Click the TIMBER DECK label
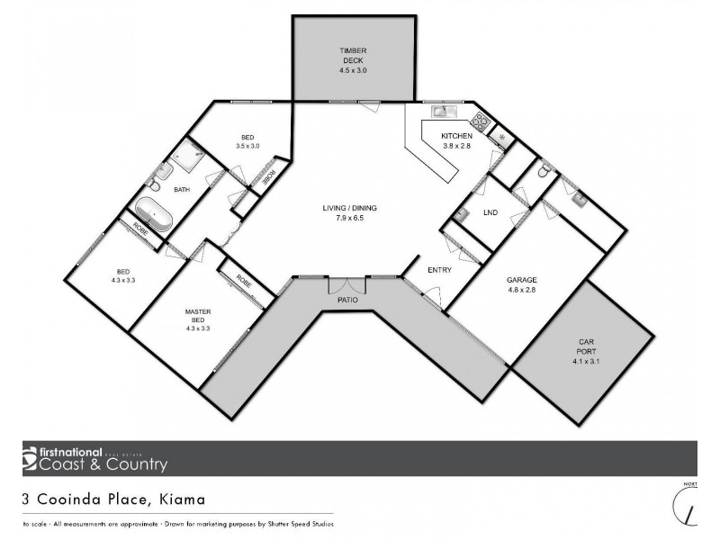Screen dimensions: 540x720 click(352, 50)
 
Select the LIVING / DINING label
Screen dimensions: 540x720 click(349, 208)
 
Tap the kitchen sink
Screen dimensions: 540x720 click(442, 112)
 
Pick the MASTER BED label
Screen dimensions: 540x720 click(197, 316)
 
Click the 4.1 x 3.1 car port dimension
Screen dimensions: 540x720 click(585, 362)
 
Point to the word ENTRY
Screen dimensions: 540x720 click(440, 269)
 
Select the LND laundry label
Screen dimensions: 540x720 click(490, 213)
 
